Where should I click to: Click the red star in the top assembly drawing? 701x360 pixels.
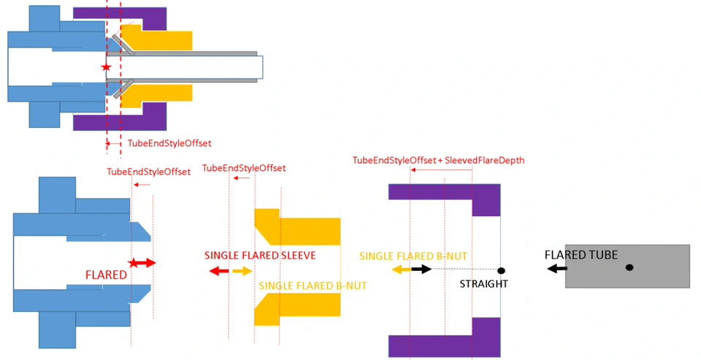point(107,67)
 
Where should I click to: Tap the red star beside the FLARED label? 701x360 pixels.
point(133,262)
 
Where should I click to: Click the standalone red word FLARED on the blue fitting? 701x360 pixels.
point(107,275)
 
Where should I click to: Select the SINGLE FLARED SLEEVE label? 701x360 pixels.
point(259,256)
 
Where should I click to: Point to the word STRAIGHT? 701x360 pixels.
point(483,283)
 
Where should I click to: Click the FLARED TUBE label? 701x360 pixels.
point(581,255)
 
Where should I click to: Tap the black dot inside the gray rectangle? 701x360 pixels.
point(629,267)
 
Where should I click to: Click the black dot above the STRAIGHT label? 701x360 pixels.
point(501,271)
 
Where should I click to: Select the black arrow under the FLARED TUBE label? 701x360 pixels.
point(558,269)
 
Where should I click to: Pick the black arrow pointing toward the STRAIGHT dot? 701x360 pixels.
point(421,269)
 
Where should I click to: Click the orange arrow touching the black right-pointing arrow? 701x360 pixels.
point(401,269)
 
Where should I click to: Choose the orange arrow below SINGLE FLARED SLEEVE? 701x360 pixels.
point(242,271)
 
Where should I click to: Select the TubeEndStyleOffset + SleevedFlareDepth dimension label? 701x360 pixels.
point(438,160)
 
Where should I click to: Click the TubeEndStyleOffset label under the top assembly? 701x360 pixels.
point(169,144)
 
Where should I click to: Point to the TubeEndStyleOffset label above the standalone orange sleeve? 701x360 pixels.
point(243,168)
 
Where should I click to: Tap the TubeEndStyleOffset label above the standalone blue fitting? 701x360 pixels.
point(148,172)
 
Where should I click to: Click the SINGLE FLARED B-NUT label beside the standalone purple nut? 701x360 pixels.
point(413,256)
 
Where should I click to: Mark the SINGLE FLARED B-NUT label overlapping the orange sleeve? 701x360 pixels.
point(313,286)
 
